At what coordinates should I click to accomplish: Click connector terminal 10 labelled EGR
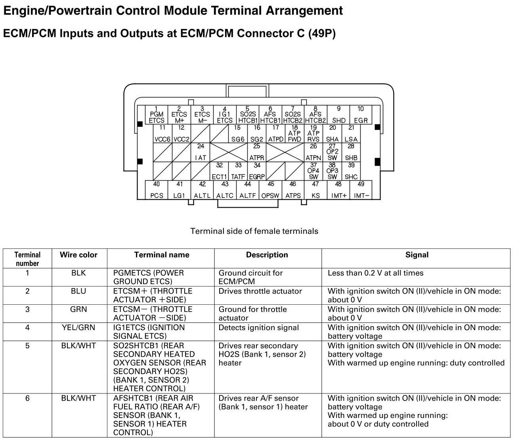tap(361, 115)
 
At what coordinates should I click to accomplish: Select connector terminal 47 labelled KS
tap(315, 190)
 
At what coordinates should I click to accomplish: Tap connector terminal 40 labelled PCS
tap(157, 190)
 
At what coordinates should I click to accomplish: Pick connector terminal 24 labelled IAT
tap(201, 152)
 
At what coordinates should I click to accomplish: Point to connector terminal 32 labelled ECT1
tap(219, 171)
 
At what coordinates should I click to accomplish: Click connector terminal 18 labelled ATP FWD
tap(294, 134)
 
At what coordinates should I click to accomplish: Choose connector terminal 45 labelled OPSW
tap(270, 190)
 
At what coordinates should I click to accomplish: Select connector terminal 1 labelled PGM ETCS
tap(157, 115)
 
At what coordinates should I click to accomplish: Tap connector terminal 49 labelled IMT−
tap(361, 190)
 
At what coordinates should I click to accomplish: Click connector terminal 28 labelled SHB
tap(351, 152)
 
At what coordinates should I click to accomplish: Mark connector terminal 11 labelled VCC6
tap(162, 134)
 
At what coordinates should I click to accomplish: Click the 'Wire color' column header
tap(78, 255)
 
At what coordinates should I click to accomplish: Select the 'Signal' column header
tap(417, 255)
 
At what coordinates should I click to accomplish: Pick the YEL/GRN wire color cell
tap(78, 328)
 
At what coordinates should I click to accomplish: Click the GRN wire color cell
tap(78, 309)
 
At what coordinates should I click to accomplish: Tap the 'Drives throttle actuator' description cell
tap(260, 291)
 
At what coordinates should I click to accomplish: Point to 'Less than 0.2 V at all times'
tap(375, 273)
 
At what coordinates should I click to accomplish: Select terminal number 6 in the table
tap(27, 398)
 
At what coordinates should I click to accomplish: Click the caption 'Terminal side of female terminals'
tap(254, 231)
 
